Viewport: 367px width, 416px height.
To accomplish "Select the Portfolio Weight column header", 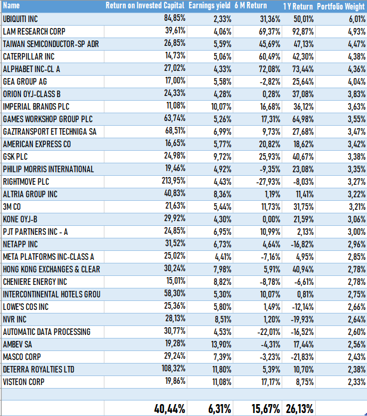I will pyautogui.click(x=341, y=5).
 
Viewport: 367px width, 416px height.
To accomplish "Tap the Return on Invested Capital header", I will pyautogui.click(x=144, y=5).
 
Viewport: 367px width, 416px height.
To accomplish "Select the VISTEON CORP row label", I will pyautogui.click(x=23, y=381).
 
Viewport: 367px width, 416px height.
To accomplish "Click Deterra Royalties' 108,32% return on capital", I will pyautogui.click(x=171, y=369).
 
